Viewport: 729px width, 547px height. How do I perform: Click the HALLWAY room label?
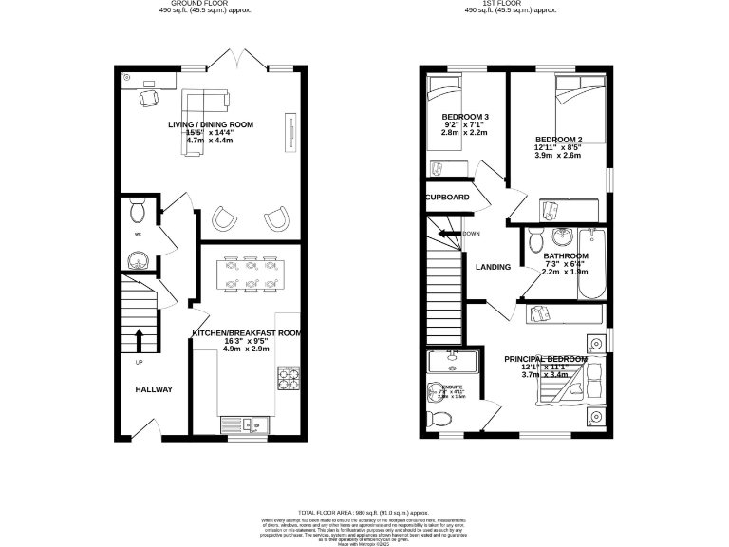[153, 389]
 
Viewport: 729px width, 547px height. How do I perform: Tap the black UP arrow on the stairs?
[140, 339]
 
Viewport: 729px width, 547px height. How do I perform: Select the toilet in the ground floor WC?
[136, 207]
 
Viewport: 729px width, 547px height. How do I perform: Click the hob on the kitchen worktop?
[287, 379]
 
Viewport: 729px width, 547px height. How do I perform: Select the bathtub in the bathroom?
[593, 259]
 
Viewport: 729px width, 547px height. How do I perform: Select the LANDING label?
[493, 267]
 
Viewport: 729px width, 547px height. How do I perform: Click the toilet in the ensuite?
[441, 418]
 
